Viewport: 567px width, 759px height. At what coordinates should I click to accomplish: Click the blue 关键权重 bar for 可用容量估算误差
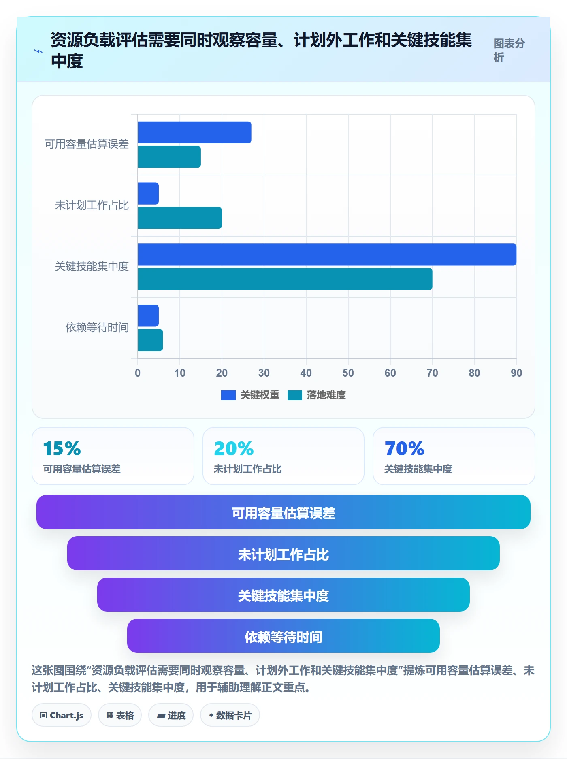(194, 132)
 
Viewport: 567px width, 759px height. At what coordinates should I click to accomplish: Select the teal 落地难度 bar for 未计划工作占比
(180, 218)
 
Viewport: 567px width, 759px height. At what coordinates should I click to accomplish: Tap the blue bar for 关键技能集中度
(327, 254)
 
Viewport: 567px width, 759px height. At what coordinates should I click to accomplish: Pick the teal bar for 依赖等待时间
(150, 340)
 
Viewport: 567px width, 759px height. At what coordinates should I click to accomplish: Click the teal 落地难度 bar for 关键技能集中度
(285, 279)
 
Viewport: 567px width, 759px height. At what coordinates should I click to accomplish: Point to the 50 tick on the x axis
(348, 373)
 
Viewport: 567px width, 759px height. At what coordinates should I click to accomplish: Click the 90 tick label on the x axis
(516, 373)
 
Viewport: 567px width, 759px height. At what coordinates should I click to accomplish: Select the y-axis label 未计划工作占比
(92, 205)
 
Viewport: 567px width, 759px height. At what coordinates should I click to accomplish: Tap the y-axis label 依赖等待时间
(97, 327)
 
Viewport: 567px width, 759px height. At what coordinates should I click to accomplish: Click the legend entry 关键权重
(250, 395)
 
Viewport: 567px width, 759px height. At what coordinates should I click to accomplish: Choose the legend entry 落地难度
(317, 395)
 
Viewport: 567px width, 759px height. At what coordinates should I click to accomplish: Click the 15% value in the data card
(62, 449)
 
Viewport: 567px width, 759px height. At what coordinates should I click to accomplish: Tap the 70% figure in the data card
(404, 449)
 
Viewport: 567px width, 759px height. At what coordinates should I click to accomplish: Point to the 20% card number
(234, 449)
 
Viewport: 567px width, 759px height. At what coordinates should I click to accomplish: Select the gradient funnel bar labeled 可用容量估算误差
(283, 512)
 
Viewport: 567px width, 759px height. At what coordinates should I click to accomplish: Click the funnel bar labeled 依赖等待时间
(283, 636)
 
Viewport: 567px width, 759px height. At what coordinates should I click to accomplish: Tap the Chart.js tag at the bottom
(62, 715)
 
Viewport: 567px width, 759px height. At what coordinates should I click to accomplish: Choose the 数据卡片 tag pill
(230, 715)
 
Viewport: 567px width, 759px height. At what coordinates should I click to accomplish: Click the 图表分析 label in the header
(509, 50)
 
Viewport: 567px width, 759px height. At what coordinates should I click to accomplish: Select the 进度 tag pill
(171, 715)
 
